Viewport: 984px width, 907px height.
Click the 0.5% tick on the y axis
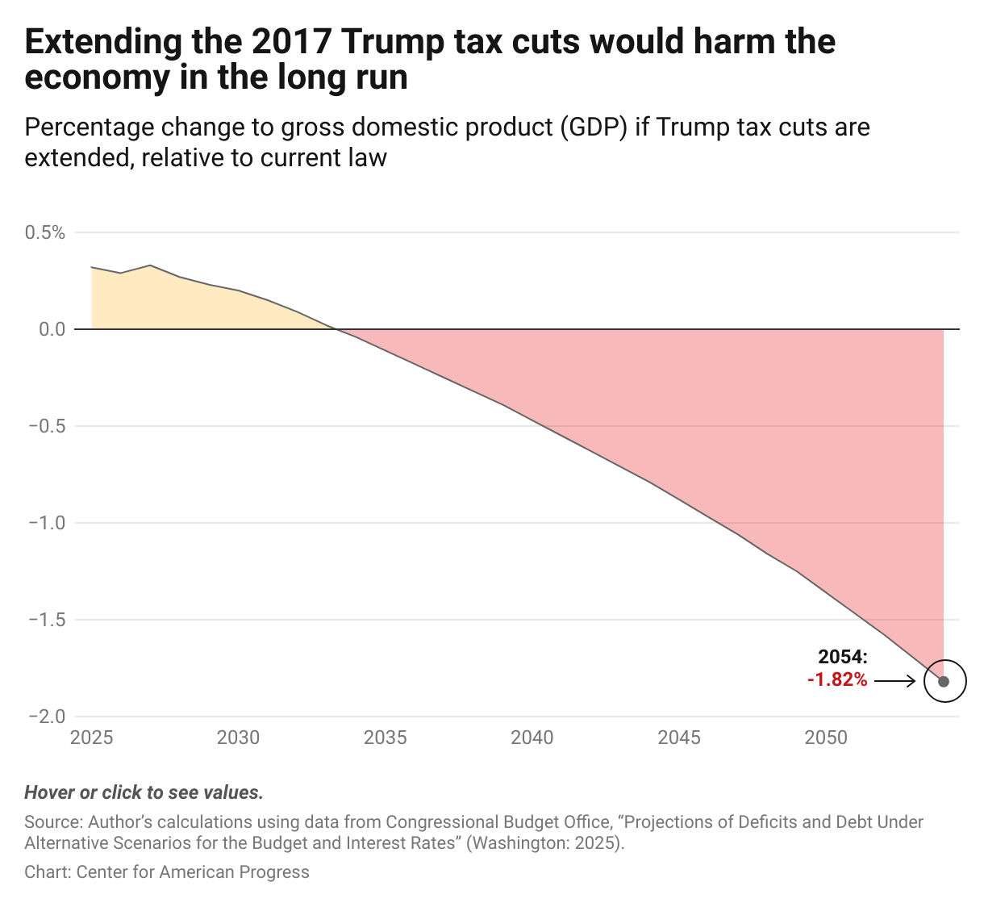pos(44,233)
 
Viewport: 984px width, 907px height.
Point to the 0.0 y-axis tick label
pos(49,329)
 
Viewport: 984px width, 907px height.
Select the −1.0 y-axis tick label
pos(46,523)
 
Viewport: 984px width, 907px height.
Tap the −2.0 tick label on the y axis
pos(46,717)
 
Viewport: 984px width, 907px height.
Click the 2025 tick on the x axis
pos(92,738)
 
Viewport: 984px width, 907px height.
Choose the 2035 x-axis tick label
pos(386,738)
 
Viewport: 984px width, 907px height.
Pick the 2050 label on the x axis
pos(826,738)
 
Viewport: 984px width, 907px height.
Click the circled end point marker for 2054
pos(944,681)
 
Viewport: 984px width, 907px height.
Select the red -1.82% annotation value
pos(837,680)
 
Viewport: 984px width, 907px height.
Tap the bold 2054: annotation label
pos(843,658)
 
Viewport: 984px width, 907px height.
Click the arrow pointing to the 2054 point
pos(895,682)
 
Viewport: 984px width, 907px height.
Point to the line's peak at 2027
pos(150,265)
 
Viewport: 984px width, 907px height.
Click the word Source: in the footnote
pos(53,822)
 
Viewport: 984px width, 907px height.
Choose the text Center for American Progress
pos(193,872)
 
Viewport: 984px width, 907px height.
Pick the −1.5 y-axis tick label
pos(46,620)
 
